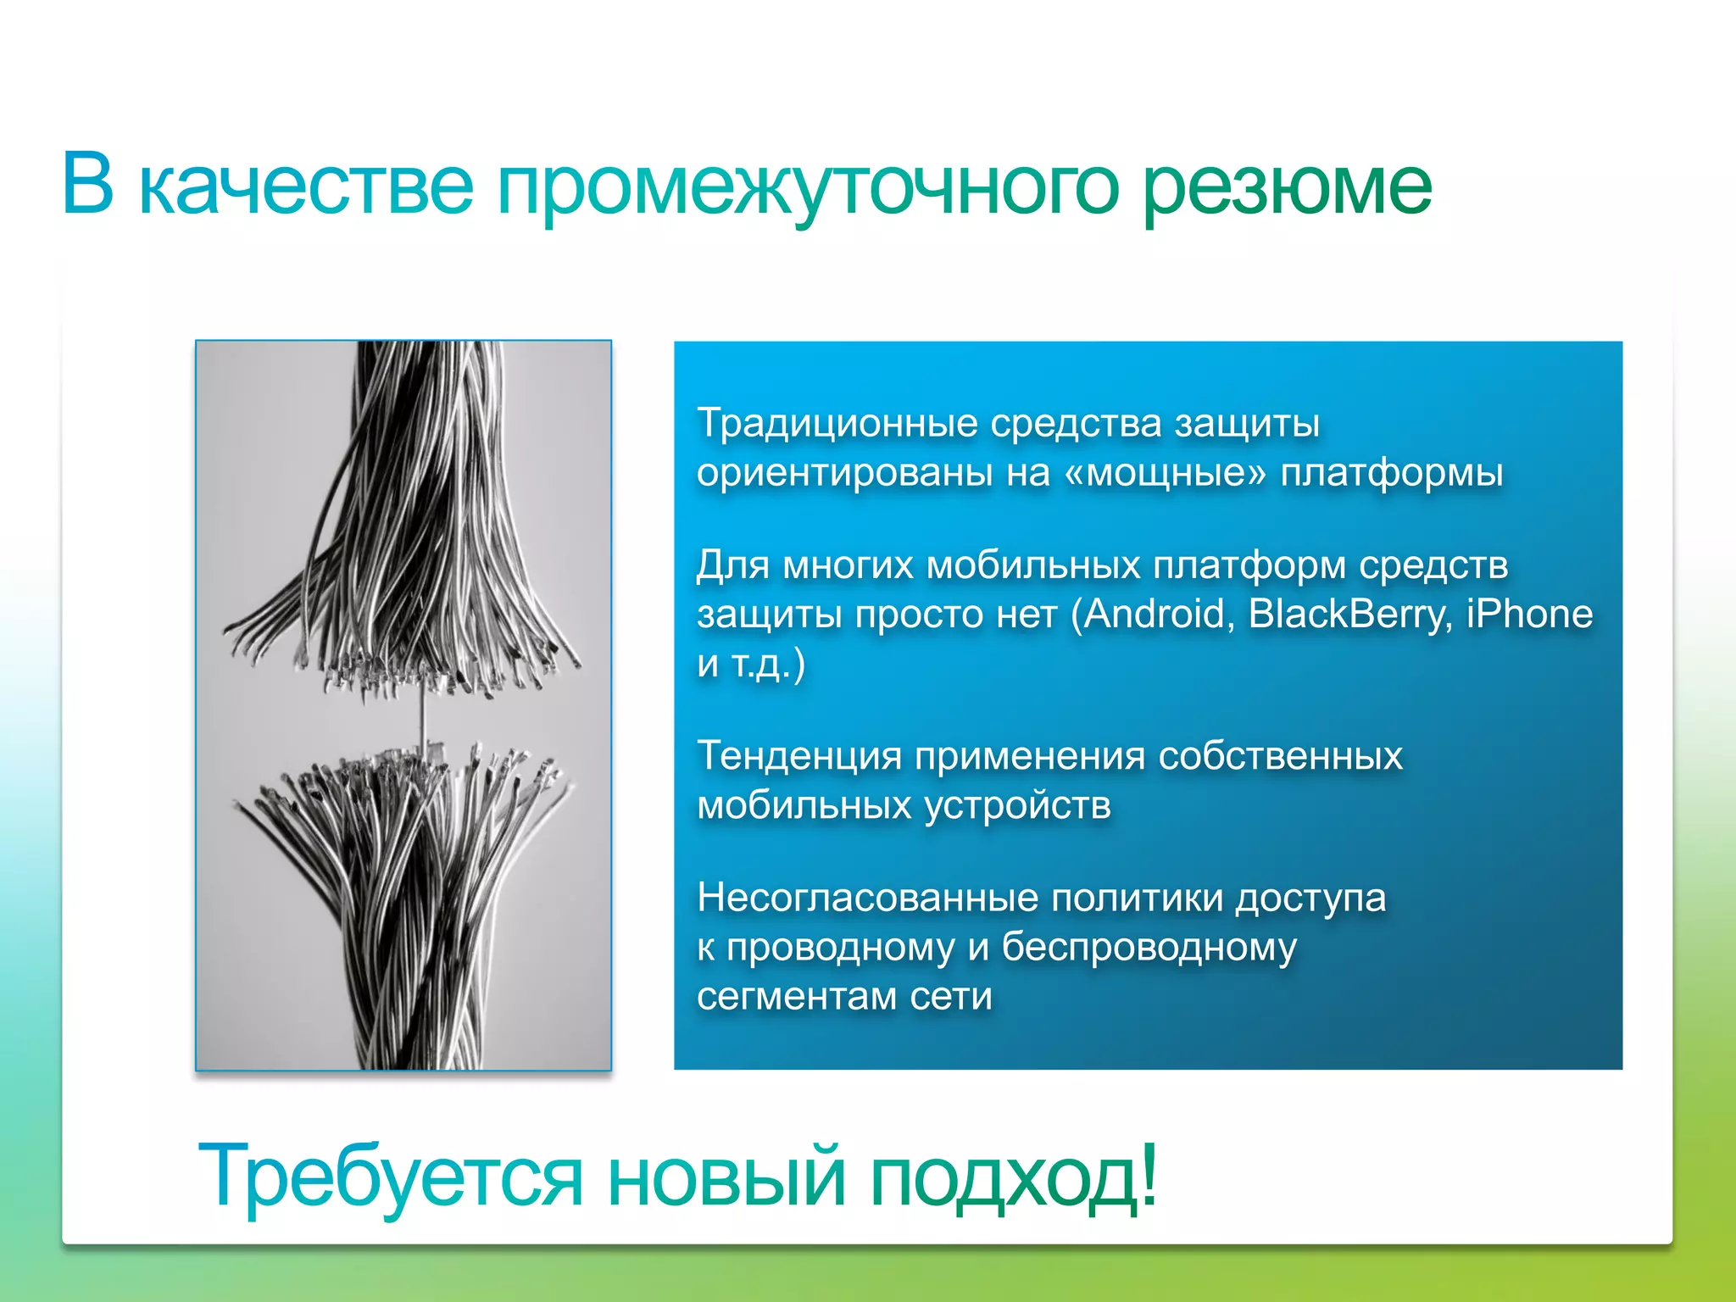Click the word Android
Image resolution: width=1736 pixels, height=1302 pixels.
pos(1157,614)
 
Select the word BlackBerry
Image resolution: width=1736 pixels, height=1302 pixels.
pos(1348,614)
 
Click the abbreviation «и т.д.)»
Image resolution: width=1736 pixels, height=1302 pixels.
pos(750,663)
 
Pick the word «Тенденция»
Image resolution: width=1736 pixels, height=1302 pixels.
pos(798,756)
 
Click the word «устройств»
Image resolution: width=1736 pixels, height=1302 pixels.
pos(1016,805)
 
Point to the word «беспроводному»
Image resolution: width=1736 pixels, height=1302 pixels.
pos(1149,947)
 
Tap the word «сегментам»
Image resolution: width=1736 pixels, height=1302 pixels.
pos(796,996)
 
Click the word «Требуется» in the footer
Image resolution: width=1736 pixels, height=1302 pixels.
pos(390,1177)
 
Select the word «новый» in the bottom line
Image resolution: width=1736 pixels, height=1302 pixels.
pos(726,1177)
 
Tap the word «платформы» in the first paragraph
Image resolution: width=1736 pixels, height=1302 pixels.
pos(1391,473)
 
